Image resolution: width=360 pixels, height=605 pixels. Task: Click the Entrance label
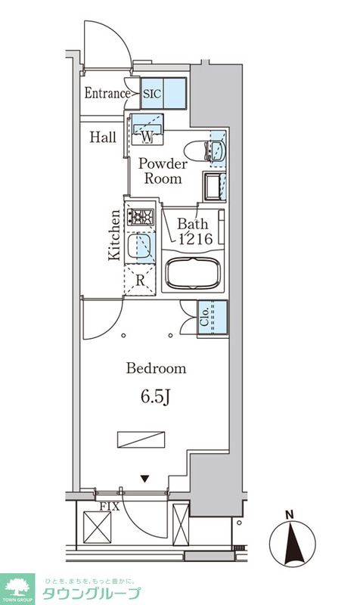[107, 93]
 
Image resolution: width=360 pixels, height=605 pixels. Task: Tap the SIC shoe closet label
[152, 93]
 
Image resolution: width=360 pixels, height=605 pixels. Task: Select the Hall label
[103, 137]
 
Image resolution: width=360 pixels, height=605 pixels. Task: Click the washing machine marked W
[147, 129]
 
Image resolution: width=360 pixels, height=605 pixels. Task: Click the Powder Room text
[163, 171]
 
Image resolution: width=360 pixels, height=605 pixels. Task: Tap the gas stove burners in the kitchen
[141, 217]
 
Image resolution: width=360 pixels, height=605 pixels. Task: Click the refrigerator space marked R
[140, 280]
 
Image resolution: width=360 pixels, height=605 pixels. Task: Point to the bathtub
[193, 273]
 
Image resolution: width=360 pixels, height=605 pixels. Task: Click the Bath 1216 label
[194, 231]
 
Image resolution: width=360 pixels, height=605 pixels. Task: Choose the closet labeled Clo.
[213, 318]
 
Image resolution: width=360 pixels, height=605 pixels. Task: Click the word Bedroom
[156, 368]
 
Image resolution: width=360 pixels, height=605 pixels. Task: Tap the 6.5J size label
[155, 396]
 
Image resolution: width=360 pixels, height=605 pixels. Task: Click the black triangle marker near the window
[144, 479]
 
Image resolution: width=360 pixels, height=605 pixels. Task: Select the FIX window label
[110, 506]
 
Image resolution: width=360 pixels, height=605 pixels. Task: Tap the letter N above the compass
[290, 514]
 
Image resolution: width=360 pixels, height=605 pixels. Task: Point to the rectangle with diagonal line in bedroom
[141, 439]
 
